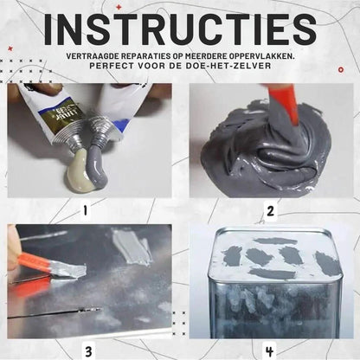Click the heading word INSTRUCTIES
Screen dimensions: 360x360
[x=180, y=28]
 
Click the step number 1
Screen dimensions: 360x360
[x=85, y=211]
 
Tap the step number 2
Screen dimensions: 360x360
[x=270, y=211]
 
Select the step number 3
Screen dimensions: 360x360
[x=88, y=351]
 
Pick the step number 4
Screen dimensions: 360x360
[x=269, y=351]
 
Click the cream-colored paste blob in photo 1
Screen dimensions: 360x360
[x=77, y=173]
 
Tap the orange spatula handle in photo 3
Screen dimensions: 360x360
[x=32, y=262]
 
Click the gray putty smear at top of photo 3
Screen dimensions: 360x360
[x=132, y=247]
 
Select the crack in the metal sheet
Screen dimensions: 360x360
[x=55, y=313]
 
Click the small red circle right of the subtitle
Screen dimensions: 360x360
[x=341, y=69]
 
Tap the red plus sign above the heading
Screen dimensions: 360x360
[x=119, y=7]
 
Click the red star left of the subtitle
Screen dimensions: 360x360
[x=10, y=48]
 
